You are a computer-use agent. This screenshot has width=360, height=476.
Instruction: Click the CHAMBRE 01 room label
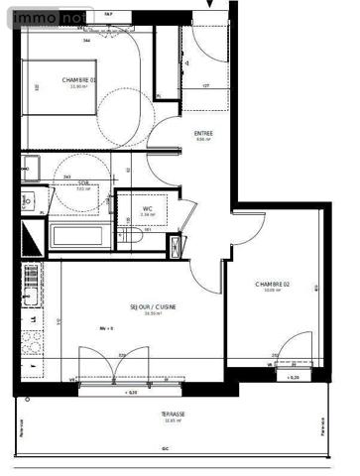(79, 80)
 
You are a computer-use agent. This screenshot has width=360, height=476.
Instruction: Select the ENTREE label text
(204, 133)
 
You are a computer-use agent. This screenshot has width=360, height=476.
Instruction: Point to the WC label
(147, 208)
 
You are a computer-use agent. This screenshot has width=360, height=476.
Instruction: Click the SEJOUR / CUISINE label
(154, 306)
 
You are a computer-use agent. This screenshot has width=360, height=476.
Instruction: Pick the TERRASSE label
(174, 414)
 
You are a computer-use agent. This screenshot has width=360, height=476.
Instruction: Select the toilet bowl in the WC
(133, 238)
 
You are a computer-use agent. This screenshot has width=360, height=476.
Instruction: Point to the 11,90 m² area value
(79, 87)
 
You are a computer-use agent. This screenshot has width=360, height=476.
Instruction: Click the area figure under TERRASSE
(174, 420)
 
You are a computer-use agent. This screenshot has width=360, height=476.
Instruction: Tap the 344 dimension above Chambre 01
(87, 41)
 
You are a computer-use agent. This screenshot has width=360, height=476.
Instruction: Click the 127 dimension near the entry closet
(205, 87)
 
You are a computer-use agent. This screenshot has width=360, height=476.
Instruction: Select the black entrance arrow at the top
(209, 5)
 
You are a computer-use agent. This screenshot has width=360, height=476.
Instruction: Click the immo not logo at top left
(48, 15)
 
